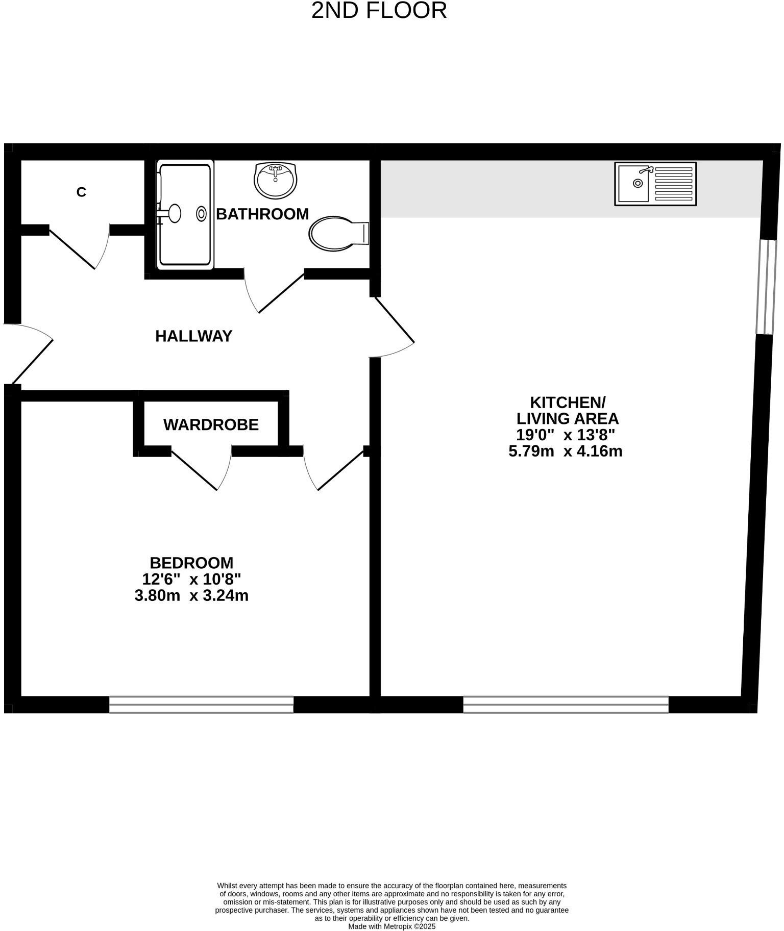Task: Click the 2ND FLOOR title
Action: tap(379, 11)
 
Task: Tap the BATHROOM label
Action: tap(262, 214)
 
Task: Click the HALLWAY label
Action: tap(193, 336)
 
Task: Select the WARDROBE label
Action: tap(211, 424)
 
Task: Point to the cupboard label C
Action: tap(81, 192)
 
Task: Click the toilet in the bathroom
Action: tap(338, 234)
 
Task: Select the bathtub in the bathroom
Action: tap(184, 214)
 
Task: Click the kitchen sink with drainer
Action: tap(655, 184)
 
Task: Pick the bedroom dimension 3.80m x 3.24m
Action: tap(191, 595)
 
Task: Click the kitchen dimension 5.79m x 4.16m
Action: tap(565, 451)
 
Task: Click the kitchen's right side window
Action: tap(765, 287)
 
